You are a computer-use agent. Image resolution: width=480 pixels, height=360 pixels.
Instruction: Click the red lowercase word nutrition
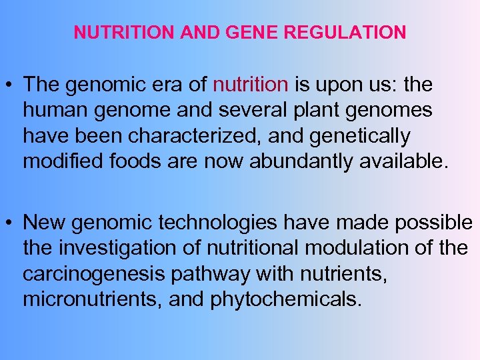point(250,85)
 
